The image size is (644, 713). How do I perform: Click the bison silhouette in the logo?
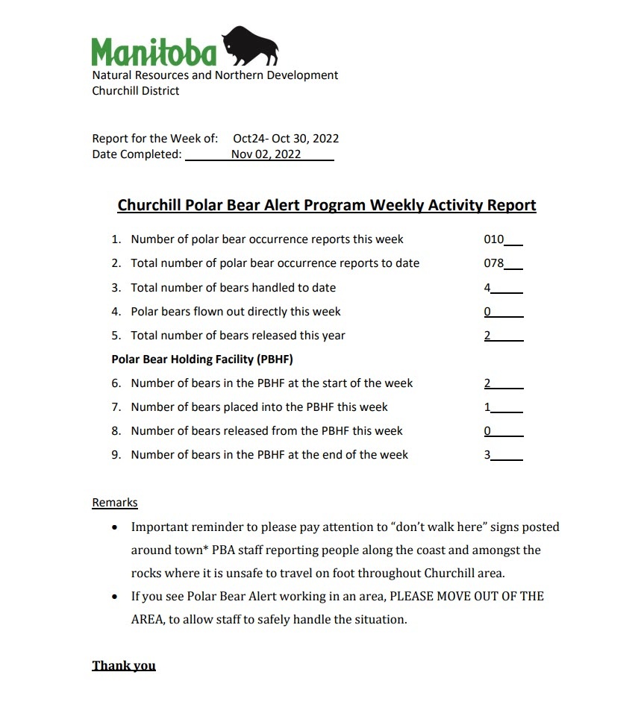click(x=249, y=46)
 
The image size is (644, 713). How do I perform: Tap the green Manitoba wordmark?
click(x=154, y=51)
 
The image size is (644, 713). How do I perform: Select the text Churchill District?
click(x=135, y=91)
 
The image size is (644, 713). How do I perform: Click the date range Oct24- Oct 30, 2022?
click(x=286, y=139)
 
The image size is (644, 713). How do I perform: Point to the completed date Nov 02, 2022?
click(x=266, y=154)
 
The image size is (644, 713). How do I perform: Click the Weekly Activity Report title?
click(x=327, y=205)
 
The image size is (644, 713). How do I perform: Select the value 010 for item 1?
click(x=494, y=239)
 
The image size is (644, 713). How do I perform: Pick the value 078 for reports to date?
click(x=494, y=263)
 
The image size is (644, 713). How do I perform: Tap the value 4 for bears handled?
click(x=487, y=288)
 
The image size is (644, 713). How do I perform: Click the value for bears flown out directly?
click(x=487, y=312)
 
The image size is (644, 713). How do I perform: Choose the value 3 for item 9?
click(x=487, y=455)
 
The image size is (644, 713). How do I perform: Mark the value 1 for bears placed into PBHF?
click(x=487, y=407)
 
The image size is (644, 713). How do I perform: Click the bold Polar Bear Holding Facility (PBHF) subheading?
click(x=202, y=359)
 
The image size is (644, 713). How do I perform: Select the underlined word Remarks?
click(x=115, y=503)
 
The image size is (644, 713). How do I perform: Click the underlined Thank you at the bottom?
click(x=124, y=665)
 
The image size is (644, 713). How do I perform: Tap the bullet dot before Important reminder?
click(x=114, y=527)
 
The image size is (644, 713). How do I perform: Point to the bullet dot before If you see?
click(x=114, y=597)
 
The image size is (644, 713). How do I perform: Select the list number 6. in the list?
click(x=116, y=383)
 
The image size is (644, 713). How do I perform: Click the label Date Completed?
click(x=137, y=154)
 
